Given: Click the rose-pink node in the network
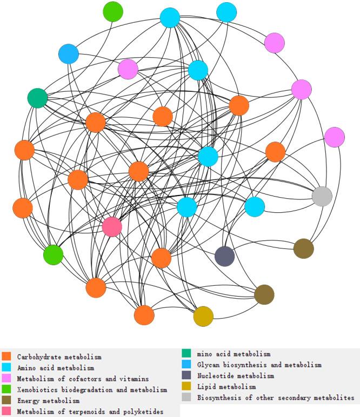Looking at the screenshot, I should [x=112, y=226].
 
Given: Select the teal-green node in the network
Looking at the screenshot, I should [x=37, y=98].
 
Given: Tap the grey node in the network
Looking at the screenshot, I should [x=322, y=196].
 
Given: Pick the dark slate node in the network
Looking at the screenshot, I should [x=224, y=255].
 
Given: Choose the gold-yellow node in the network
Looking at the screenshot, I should [x=203, y=316].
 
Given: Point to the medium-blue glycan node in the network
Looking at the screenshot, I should [x=69, y=54].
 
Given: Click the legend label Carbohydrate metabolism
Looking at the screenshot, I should [x=59, y=357].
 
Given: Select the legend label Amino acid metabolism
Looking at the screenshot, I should [x=55, y=368].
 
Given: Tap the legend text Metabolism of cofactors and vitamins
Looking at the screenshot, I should [x=83, y=379].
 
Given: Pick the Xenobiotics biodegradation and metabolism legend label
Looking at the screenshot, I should [x=91, y=389].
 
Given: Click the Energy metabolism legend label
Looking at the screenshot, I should [x=48, y=401].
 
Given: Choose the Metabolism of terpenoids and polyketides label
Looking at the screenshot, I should [x=90, y=412].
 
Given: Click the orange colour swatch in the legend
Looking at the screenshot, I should [x=7, y=357].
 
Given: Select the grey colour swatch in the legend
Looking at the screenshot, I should [x=186, y=398].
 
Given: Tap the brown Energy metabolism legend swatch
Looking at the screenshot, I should [x=7, y=401].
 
